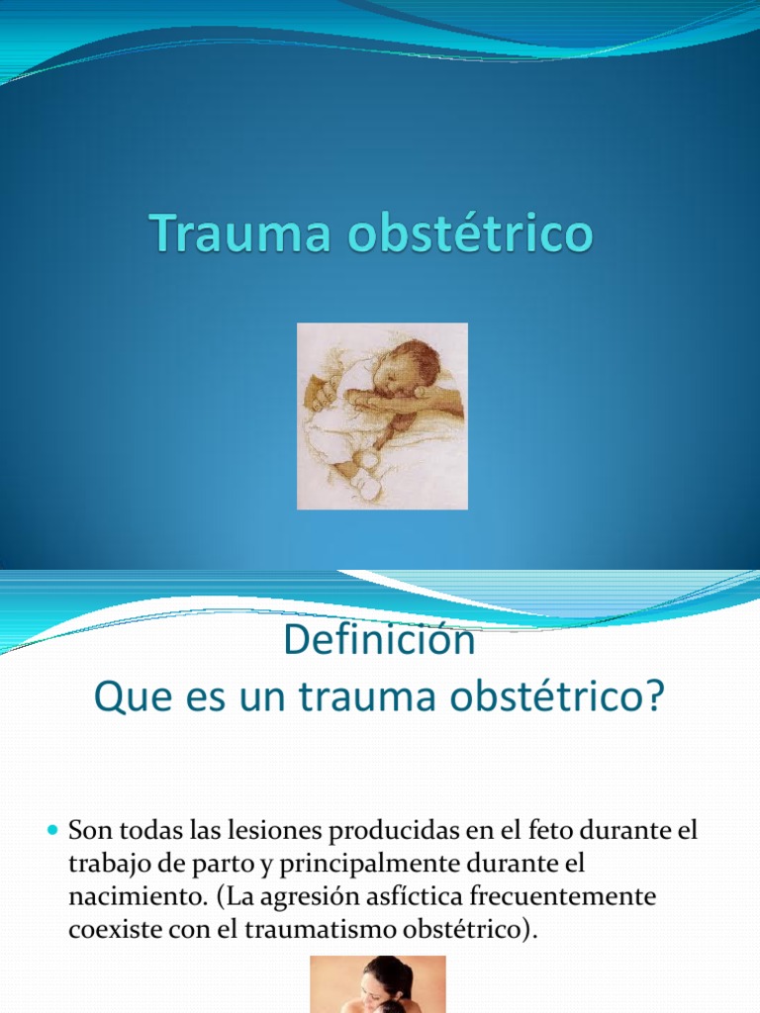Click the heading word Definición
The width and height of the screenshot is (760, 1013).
pos(379,641)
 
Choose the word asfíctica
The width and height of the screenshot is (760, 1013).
pos(405,898)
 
